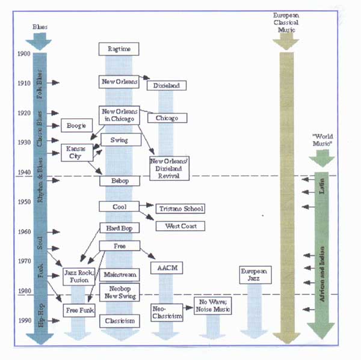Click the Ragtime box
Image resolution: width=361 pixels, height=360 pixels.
(x=119, y=49)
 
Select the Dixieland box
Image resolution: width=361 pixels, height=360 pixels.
(x=166, y=86)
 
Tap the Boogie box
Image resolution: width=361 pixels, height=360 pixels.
(x=77, y=126)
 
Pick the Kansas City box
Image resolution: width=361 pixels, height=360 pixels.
(x=76, y=152)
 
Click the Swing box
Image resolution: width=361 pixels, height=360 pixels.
(x=119, y=140)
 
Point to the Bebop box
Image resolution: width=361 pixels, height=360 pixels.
(x=119, y=180)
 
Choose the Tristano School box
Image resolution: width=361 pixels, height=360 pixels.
(x=180, y=209)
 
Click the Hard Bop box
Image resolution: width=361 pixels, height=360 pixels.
(x=119, y=228)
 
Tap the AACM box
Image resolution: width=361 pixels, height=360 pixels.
(x=167, y=267)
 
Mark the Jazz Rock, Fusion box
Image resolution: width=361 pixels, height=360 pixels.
(x=79, y=276)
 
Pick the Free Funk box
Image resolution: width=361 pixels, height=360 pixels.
(x=79, y=310)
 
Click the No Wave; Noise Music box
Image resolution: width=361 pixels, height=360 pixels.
(x=214, y=305)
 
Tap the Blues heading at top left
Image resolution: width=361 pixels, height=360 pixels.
(x=40, y=27)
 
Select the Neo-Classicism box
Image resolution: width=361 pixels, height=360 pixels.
(x=166, y=313)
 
